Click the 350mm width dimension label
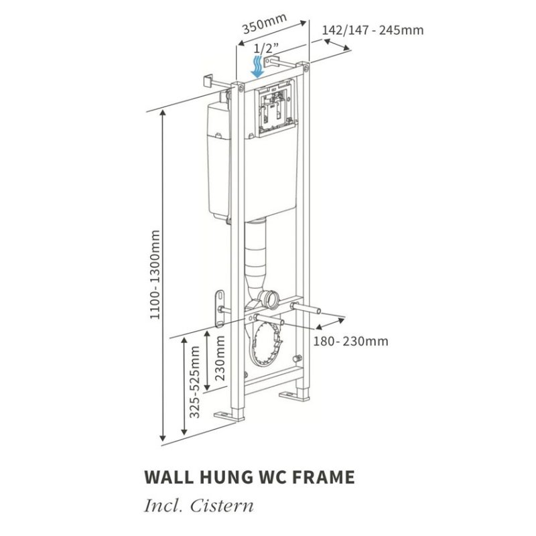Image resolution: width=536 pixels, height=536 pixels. click(263, 27)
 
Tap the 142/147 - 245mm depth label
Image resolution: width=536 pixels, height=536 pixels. click(373, 30)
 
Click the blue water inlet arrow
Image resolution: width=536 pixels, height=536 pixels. click(257, 67)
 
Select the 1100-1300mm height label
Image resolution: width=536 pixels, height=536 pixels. click(156, 275)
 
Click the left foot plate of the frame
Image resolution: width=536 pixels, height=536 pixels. click(224, 415)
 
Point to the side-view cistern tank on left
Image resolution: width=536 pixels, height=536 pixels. click(218, 161)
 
